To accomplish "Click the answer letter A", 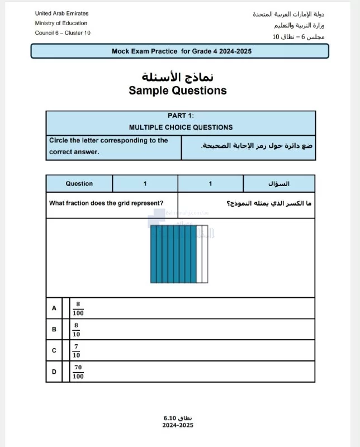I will (54, 308).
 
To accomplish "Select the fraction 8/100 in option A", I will (78, 308).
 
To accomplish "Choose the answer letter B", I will (54, 329).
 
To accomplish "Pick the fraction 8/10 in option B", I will (77, 329).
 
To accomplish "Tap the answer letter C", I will (54, 350).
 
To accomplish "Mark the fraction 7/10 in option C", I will (77, 350).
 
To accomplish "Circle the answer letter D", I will (54, 372).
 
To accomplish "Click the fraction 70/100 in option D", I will (78, 372).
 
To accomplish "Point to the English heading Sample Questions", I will (178, 91).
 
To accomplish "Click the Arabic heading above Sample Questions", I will (178, 76).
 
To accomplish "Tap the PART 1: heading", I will (181, 116).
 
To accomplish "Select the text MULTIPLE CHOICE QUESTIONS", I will (181, 127).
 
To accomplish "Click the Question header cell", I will (79, 183).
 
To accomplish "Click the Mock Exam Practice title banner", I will (180, 51).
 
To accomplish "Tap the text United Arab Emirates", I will (61, 13).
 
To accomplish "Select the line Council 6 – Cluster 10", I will (63, 33).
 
